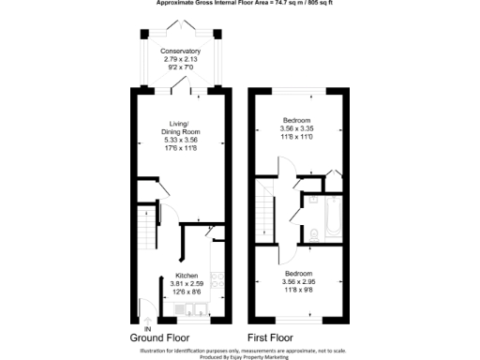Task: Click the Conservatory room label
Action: pos(180,51)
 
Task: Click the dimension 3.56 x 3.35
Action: pos(303,129)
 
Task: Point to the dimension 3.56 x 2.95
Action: pos(303,281)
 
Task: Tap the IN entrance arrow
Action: pos(146,316)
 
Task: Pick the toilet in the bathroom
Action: pos(311,199)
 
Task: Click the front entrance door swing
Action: pos(146,305)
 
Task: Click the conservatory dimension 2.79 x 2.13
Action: pos(180,59)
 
